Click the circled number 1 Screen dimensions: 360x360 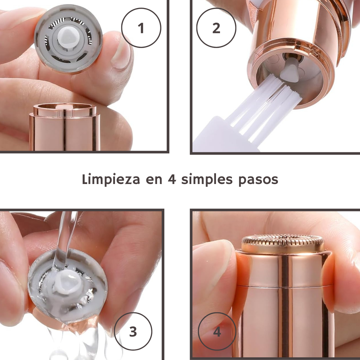pos(141,28)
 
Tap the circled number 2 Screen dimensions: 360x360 pos(216,28)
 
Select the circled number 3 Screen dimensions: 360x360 pos(133,331)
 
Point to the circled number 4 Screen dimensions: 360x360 pos(217,331)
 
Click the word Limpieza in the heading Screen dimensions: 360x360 pos(111,180)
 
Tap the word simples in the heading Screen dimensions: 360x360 pos(207,180)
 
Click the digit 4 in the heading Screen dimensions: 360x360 pos(172,179)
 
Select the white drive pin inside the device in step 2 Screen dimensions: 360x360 pos(290,70)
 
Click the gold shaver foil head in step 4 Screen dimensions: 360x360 pos(283,244)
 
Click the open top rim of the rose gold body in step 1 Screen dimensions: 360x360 pos(65,109)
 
